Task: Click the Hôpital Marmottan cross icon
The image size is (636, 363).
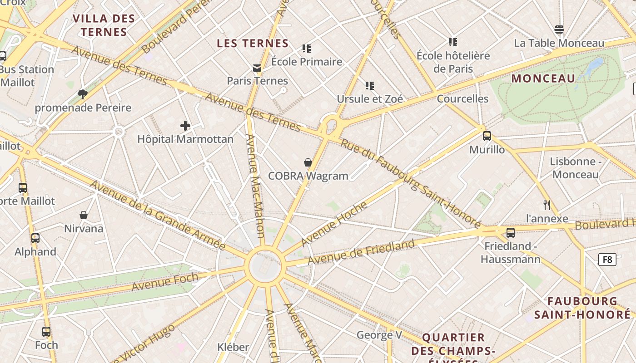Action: (x=185, y=126)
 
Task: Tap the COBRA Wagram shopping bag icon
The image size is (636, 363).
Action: (x=308, y=162)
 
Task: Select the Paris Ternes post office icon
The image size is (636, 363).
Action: (x=257, y=68)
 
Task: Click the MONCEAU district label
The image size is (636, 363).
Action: (x=543, y=78)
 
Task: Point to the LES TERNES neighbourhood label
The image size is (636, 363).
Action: (x=253, y=44)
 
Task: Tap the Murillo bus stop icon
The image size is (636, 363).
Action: (x=487, y=136)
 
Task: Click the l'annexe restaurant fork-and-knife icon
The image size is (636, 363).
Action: (x=547, y=205)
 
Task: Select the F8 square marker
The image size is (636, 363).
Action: (x=607, y=260)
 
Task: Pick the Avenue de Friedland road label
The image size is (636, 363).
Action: (x=361, y=253)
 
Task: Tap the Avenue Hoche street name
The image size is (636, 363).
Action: (x=334, y=224)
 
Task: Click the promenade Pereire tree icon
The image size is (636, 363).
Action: (x=83, y=94)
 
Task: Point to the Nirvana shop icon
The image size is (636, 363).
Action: (x=84, y=215)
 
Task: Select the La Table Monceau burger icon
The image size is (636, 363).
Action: (x=559, y=29)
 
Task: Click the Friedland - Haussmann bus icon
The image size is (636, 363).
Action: (x=511, y=233)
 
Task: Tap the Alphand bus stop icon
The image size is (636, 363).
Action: (x=35, y=238)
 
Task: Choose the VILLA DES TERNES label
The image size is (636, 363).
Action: (x=104, y=25)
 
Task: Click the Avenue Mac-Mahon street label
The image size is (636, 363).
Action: (x=255, y=186)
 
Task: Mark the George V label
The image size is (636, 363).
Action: (x=379, y=335)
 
